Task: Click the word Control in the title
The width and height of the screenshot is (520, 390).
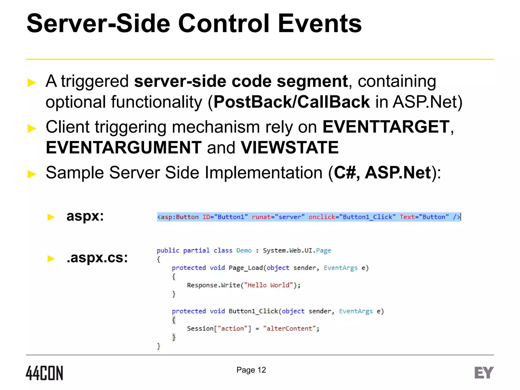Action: (223, 23)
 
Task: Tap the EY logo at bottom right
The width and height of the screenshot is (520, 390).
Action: (484, 373)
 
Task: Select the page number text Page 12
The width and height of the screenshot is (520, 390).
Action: (251, 370)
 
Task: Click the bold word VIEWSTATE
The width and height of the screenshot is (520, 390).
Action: (289, 148)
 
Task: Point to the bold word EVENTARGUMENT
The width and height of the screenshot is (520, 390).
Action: (124, 148)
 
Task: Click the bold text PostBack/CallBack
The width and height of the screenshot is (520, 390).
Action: (291, 102)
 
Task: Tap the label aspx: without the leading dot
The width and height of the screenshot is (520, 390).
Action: (85, 216)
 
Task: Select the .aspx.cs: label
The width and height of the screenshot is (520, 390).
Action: (97, 258)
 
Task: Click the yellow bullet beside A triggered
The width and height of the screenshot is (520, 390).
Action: (32, 83)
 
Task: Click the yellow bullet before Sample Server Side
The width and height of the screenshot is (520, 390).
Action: (32, 174)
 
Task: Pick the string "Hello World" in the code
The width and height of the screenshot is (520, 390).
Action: (269, 285)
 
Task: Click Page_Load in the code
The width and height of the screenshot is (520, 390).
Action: (245, 268)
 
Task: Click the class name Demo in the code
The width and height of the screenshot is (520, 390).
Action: (244, 251)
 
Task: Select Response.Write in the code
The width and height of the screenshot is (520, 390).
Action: (213, 285)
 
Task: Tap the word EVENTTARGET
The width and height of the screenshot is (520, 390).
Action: (386, 127)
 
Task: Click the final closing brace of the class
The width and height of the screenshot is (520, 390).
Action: (159, 346)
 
